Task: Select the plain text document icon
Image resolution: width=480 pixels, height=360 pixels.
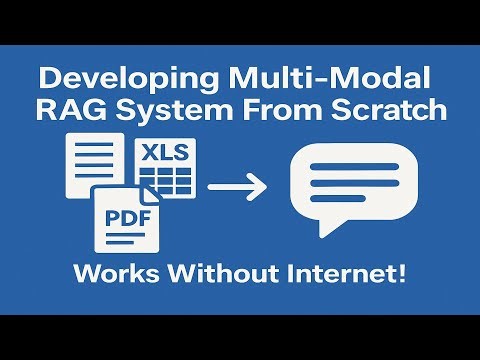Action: pyautogui.click(x=88, y=165)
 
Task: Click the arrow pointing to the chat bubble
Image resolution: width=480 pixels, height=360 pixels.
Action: pyautogui.click(x=237, y=185)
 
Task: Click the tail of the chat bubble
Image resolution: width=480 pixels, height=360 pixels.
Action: pyautogui.click(x=322, y=228)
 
